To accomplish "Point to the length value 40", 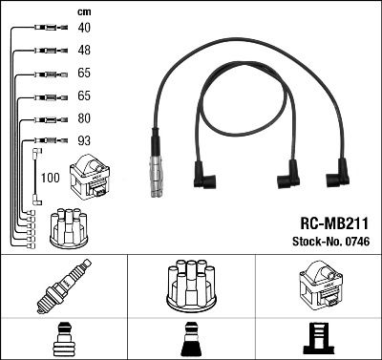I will [x=83, y=29].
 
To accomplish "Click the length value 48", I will [x=83, y=50].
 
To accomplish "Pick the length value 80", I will [x=83, y=119].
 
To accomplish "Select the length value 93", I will [x=83, y=141].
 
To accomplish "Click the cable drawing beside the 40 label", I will [x=44, y=29].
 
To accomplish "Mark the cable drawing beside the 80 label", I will [x=44, y=119].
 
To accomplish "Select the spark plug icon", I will [x=64, y=286].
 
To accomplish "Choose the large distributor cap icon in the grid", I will [x=191, y=286].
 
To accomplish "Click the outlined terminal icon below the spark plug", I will [x=64, y=339].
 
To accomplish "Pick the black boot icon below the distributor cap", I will [x=191, y=339].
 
